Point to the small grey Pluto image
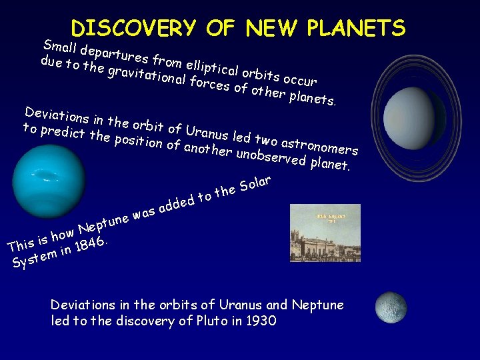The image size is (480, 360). [x=391, y=307]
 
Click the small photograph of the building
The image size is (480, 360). [x=325, y=233]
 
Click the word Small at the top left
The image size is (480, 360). [x=59, y=47]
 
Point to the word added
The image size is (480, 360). [x=176, y=203]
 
